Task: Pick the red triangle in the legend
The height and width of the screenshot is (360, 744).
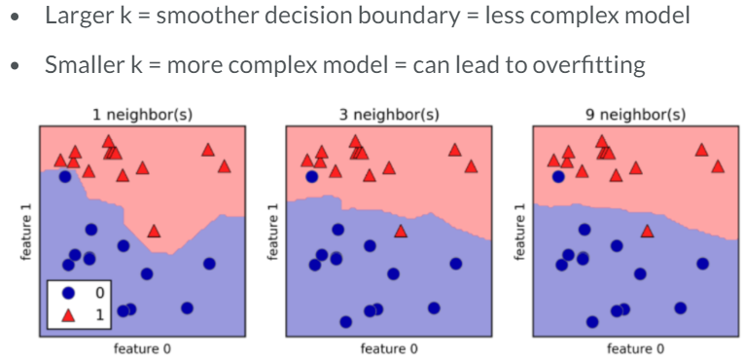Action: [x=69, y=312]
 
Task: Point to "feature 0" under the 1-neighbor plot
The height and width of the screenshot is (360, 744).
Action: [x=142, y=348]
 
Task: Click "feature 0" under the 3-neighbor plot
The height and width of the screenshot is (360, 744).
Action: [x=389, y=348]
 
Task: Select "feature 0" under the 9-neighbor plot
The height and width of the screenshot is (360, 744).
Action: [x=636, y=348]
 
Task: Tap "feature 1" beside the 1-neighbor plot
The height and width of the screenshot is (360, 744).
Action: [x=26, y=232]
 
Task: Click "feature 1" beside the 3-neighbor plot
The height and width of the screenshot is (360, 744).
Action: [x=273, y=232]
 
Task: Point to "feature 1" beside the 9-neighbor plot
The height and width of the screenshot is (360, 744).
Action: [x=520, y=232]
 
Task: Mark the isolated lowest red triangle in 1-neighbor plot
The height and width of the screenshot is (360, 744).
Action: [x=154, y=231]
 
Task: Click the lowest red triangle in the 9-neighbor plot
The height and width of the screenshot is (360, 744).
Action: [x=648, y=231]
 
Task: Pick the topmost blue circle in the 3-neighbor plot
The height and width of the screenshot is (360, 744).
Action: [x=311, y=177]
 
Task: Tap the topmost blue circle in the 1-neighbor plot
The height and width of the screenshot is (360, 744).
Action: [x=64, y=177]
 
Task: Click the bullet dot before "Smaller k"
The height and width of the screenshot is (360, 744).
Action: [x=16, y=67]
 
